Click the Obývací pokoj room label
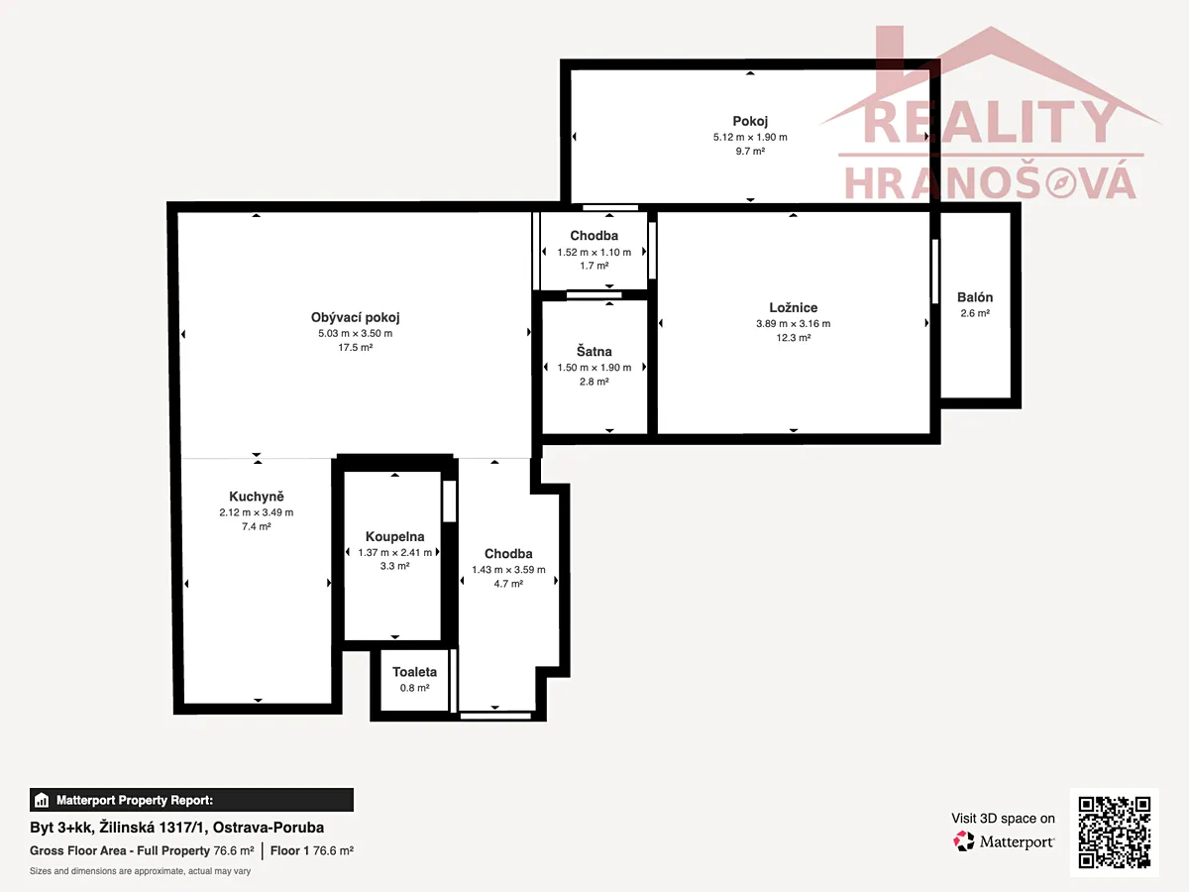coord(355,318)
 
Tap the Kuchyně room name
coord(257,497)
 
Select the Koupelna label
coord(395,537)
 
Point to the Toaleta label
coord(414,672)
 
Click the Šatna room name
coord(594,352)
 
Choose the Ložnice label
coord(794,307)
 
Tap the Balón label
coord(975,297)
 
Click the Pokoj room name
coord(750,121)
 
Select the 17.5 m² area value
coord(356,348)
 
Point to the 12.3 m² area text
coord(794,338)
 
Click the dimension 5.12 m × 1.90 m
coord(750,138)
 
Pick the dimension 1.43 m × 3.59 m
coord(508,570)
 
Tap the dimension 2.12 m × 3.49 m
coord(257,512)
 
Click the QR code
coord(1115,832)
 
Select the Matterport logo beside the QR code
coord(1003,841)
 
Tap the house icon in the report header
coord(42,800)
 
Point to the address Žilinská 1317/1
coord(153,828)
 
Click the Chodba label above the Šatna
coord(594,236)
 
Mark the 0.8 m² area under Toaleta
coord(415,689)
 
